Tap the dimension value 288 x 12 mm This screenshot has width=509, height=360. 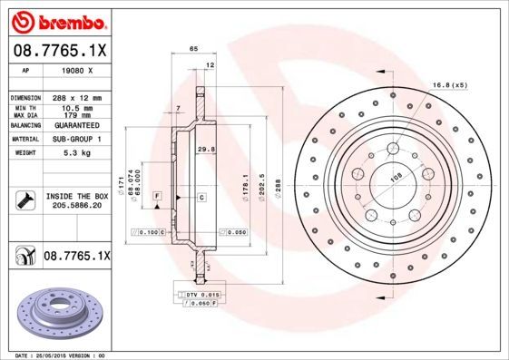(x=75, y=97)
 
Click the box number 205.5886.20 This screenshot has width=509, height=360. (x=75, y=206)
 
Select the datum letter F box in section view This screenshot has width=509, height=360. (x=157, y=197)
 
